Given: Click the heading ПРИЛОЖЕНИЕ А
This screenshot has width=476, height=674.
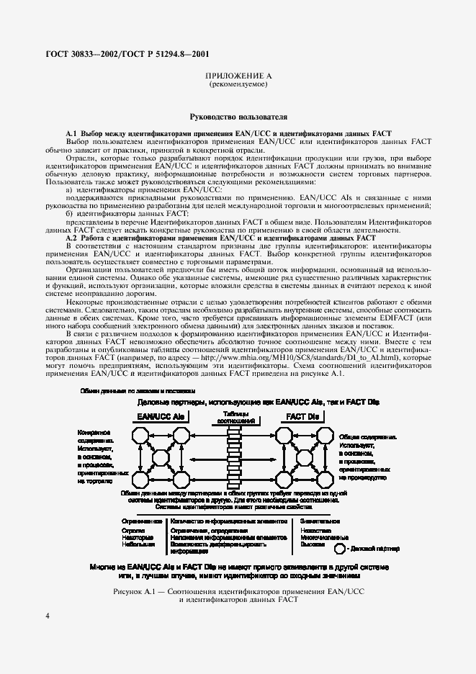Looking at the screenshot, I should (238, 76).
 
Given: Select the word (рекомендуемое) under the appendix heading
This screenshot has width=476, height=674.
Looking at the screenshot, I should (238, 84).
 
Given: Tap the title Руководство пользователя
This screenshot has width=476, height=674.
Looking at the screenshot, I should (238, 115).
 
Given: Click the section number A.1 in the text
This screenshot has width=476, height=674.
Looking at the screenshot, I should (71, 134).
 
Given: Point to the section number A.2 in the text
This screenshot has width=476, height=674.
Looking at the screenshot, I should (71, 238).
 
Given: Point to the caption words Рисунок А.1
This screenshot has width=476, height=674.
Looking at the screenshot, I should (138, 571).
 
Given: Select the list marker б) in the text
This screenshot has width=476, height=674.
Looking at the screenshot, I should (69, 215).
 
